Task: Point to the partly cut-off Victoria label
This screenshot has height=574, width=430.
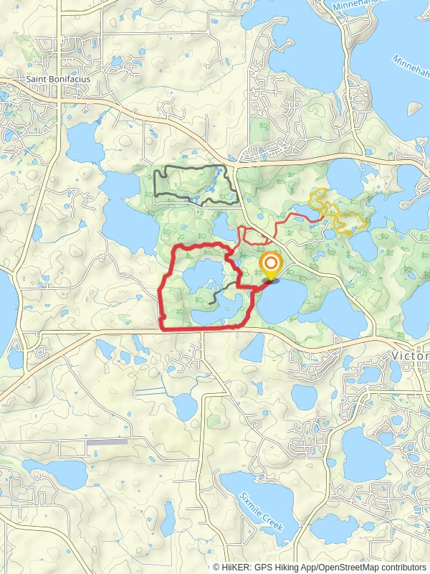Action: [x=410, y=356]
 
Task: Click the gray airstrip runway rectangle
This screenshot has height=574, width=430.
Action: [x=107, y=442]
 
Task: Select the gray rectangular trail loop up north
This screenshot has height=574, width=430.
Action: [x=195, y=185]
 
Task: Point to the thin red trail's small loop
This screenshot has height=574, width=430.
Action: [x=252, y=235]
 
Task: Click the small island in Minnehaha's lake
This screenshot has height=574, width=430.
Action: [x=414, y=108]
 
